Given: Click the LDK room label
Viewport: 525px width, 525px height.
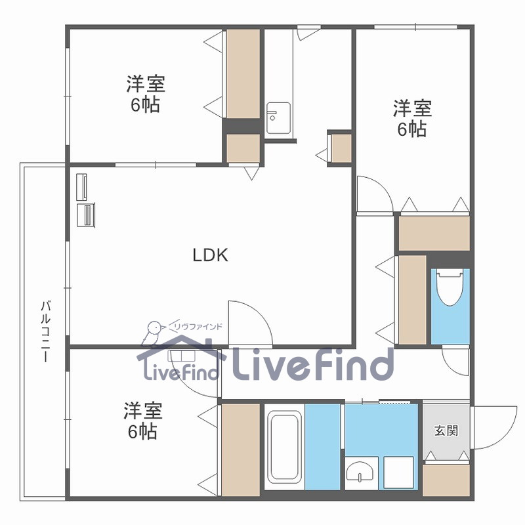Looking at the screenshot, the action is (x=210, y=255).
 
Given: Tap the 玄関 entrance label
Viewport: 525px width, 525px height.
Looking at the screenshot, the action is (x=446, y=430).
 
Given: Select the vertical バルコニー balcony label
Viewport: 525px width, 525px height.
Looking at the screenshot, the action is (x=45, y=331).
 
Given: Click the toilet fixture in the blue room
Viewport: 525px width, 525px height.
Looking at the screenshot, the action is (x=450, y=287).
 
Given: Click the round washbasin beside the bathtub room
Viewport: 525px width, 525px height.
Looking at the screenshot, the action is (x=360, y=472).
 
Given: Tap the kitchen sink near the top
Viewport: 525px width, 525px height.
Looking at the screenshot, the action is (x=278, y=118).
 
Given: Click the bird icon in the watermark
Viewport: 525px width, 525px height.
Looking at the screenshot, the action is (x=154, y=331).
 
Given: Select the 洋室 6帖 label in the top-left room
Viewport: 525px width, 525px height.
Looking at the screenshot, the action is (x=146, y=94).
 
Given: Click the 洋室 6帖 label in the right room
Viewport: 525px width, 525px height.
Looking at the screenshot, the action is (x=412, y=119).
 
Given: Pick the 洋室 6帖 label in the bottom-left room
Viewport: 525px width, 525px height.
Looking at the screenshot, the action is (x=142, y=421).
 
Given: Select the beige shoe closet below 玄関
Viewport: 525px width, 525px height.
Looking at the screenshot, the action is (x=446, y=480).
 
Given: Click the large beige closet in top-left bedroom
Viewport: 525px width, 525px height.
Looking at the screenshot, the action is (x=243, y=73).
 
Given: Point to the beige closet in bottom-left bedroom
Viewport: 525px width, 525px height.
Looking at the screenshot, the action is (x=241, y=450).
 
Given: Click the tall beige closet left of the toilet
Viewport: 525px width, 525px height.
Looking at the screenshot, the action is (x=413, y=300).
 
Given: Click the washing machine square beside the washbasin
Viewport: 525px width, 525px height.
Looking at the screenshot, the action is (x=399, y=472).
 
